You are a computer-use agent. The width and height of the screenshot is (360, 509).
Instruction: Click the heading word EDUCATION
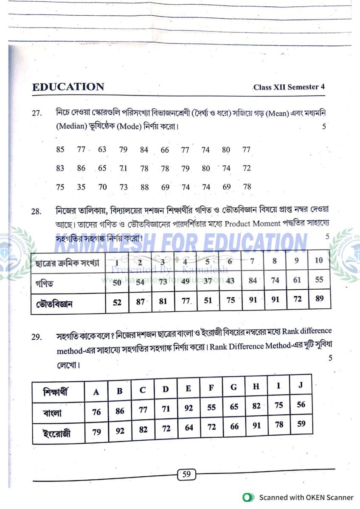(68, 87)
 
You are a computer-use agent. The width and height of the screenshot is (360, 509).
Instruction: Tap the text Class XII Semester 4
(289, 87)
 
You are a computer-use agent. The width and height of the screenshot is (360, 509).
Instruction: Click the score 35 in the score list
(81, 187)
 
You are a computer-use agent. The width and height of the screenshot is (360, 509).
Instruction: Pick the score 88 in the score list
(144, 187)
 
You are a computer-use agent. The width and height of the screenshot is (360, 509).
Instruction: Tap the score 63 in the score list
(102, 149)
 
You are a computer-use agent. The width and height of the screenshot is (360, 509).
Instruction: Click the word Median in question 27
(72, 126)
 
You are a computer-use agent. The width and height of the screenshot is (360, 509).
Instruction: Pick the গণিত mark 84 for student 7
(253, 280)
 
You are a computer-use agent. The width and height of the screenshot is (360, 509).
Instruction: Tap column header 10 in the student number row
(319, 260)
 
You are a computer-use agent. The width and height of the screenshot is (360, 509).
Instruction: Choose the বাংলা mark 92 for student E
(188, 408)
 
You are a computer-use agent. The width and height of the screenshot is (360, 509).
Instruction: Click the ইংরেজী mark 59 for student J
(301, 423)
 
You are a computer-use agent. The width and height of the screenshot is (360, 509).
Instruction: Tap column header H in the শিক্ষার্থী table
(256, 386)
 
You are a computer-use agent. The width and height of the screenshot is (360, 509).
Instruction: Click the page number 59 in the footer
(186, 475)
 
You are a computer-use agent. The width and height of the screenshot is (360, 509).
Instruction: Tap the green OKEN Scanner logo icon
(248, 498)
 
